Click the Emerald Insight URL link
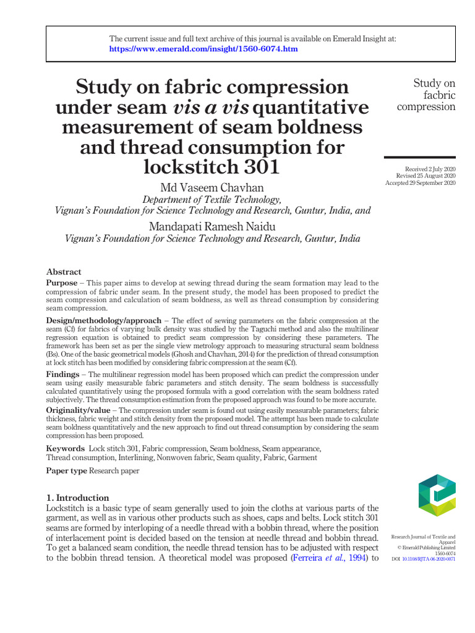click(x=203, y=48)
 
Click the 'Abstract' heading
click(x=64, y=271)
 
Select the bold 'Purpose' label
click(x=62, y=283)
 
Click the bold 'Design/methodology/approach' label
click(x=103, y=320)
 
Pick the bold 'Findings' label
click(x=62, y=375)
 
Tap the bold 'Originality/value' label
click(x=79, y=410)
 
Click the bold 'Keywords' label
click(x=66, y=448)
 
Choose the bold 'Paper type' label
click(x=67, y=471)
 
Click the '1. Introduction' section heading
click(x=78, y=498)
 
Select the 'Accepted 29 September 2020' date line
click(x=421, y=183)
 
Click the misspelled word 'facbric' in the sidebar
click(x=434, y=95)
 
